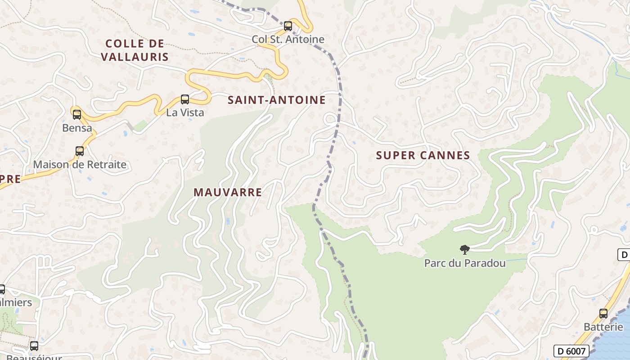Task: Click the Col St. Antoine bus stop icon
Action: coord(288,26)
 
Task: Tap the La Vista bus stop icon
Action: coord(185,99)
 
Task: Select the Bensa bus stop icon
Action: coord(77,114)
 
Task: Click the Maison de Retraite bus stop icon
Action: coord(80,151)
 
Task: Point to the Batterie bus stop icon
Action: coord(603,314)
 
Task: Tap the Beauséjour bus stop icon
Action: coord(34,346)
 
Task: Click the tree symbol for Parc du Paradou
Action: coord(465,250)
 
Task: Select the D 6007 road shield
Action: coord(571,351)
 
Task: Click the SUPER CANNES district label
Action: coord(423,155)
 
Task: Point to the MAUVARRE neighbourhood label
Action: coord(228,192)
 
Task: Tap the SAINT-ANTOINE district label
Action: coord(276,100)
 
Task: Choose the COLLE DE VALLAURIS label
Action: coord(135,50)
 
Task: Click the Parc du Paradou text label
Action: coord(465,263)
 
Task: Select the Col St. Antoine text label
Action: coord(288,39)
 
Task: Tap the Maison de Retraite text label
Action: coord(80,164)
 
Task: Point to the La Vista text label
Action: coord(185,112)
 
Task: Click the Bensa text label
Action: coord(77,128)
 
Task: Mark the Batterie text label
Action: coord(603,327)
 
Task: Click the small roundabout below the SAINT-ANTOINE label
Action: coord(331,119)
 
